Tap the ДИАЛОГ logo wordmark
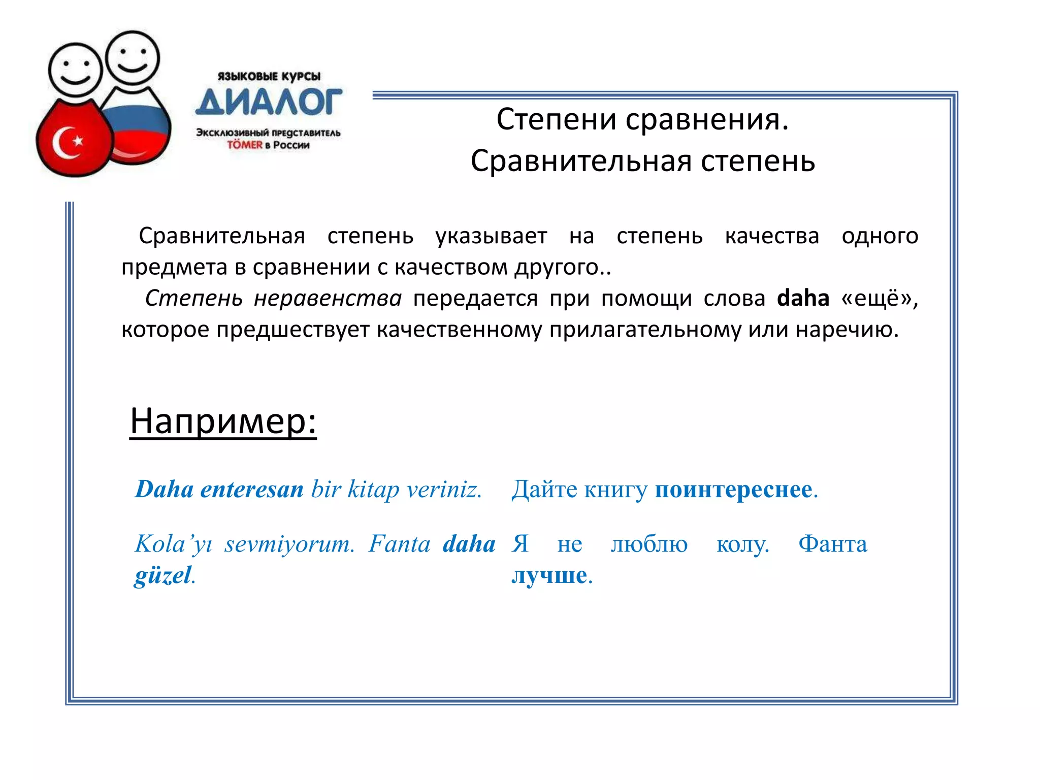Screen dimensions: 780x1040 point(269,102)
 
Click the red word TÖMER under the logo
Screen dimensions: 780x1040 point(244,145)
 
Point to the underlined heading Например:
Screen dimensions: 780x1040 point(223,421)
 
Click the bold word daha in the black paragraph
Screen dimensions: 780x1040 point(803,298)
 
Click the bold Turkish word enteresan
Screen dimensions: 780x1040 point(252,490)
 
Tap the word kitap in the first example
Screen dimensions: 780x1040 point(373,490)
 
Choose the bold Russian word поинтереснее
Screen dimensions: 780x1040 point(733,490)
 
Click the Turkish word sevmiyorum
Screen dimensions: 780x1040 point(289,544)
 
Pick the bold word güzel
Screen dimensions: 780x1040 point(163,575)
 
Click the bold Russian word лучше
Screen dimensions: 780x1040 point(549,575)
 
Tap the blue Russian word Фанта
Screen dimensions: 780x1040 point(833,544)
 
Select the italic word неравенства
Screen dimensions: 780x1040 point(328,298)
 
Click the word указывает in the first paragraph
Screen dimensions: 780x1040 point(491,236)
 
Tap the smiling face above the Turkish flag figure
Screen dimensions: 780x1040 point(75,71)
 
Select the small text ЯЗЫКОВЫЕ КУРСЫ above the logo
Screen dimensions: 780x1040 point(269,77)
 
